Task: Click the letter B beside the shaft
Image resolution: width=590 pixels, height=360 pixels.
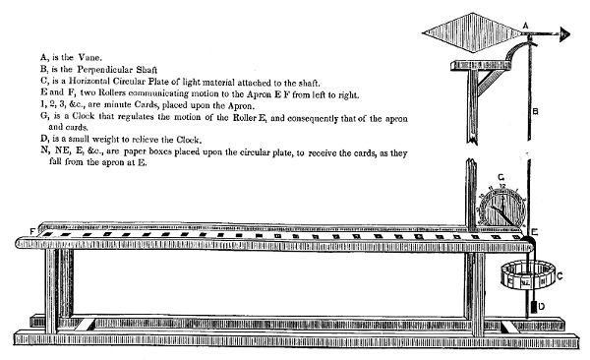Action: point(534,111)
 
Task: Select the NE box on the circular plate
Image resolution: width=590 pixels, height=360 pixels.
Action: point(526,282)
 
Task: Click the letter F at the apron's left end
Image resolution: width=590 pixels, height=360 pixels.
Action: point(33,230)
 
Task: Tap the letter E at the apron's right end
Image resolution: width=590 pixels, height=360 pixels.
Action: point(534,233)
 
